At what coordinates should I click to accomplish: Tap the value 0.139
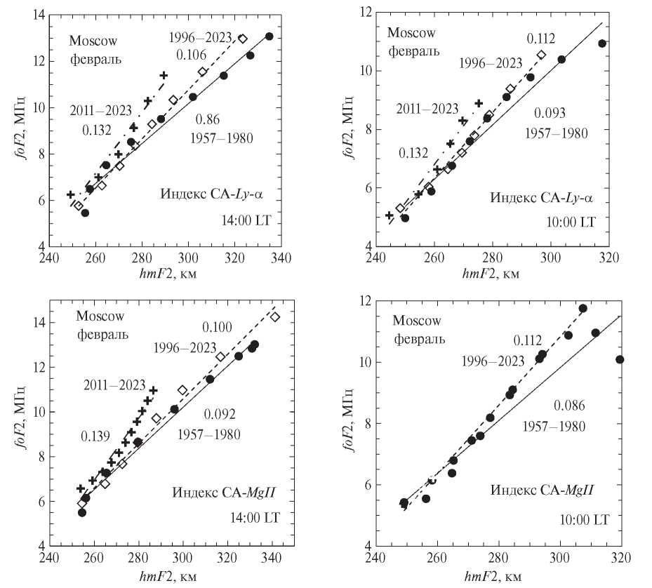(95, 436)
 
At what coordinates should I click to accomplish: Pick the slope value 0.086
(569, 405)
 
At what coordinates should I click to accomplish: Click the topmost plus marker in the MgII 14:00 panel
(153, 390)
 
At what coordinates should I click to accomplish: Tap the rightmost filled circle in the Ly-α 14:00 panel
(269, 36)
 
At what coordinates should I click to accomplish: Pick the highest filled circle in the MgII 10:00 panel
(583, 308)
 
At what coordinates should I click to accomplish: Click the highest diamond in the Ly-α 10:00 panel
(541, 55)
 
